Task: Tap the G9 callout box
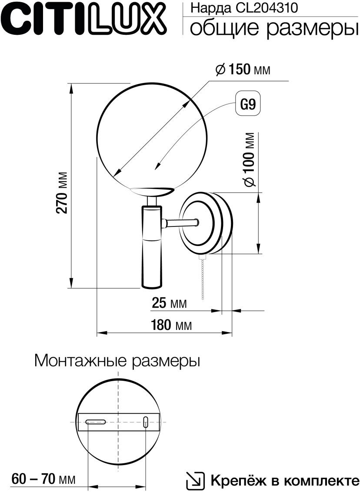click(248, 104)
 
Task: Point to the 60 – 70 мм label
click(43, 479)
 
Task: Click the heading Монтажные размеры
click(117, 361)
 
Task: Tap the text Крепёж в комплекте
click(285, 481)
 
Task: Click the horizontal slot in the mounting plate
click(96, 422)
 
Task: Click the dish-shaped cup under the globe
click(152, 191)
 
